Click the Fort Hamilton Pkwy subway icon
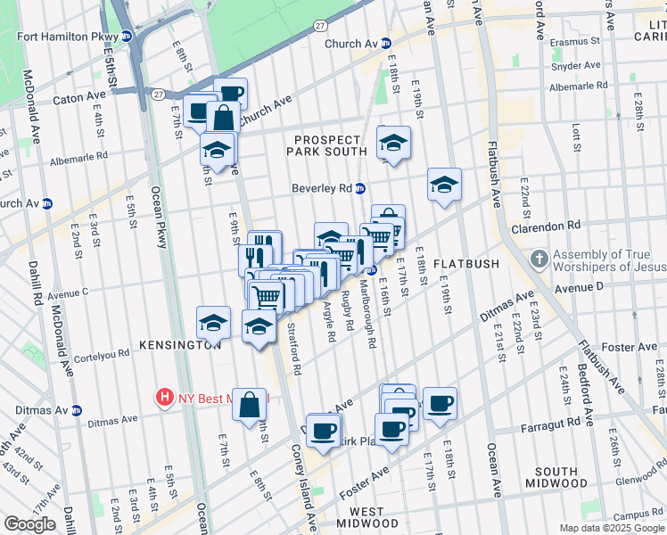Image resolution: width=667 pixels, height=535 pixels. pos(127,37)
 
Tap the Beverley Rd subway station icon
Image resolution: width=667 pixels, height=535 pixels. pos(360,188)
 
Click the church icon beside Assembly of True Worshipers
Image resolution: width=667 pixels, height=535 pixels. pos(539,260)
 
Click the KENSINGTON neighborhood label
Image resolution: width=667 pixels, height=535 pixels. pos(179,344)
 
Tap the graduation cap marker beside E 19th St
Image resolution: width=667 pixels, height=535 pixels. pos(444,185)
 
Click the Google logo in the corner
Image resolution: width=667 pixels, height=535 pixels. pos(29,524)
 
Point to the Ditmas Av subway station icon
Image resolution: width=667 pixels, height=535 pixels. pos(77,410)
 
